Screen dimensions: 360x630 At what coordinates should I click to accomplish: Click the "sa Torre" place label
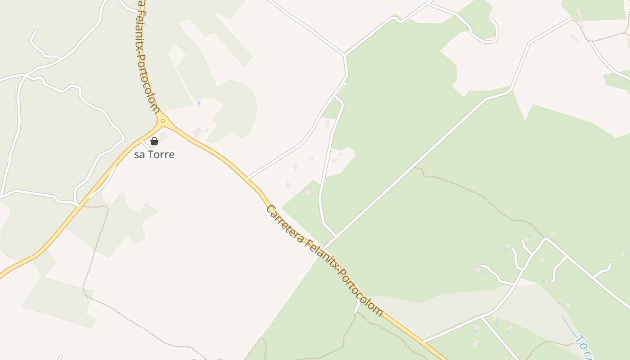coord(154,155)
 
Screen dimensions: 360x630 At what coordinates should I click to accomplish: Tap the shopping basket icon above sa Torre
coord(154,141)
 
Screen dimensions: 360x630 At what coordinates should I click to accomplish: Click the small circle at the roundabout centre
coord(163,121)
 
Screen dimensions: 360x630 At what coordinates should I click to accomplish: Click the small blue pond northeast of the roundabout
coord(198,103)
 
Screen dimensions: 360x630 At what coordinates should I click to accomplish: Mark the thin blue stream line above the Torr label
coord(569,326)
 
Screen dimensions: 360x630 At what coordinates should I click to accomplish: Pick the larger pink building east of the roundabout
coord(197,132)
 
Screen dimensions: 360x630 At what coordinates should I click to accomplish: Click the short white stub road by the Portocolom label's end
coord(358,306)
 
